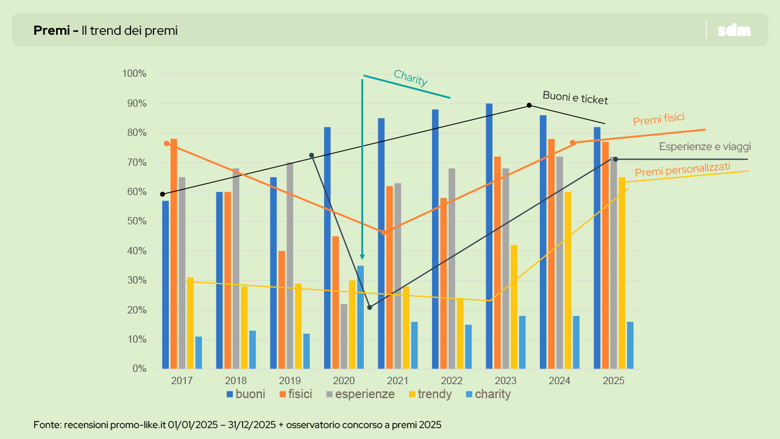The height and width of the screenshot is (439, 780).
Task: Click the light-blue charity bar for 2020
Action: pos(361,317)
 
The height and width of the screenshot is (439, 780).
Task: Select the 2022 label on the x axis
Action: pos(452,380)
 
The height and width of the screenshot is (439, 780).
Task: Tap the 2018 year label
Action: pos(236,380)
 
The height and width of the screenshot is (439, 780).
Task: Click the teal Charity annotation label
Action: pos(410,78)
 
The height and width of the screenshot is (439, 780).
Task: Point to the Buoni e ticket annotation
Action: pos(575,98)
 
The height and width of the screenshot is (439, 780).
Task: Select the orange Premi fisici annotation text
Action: pos(663,120)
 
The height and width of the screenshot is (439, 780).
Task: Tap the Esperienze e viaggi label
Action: pos(704,146)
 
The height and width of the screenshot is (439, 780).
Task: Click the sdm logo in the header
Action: pos(734,30)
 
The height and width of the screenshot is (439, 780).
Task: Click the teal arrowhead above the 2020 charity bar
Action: pos(362,256)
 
